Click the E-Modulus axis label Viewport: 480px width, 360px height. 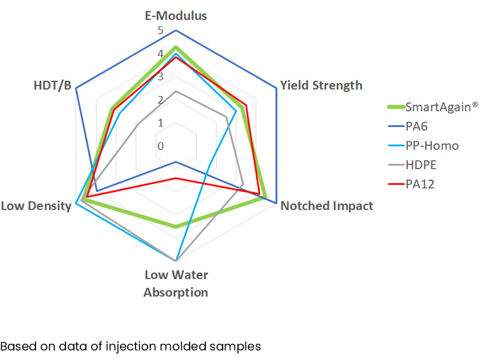click(x=176, y=16)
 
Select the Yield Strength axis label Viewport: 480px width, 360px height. click(x=321, y=85)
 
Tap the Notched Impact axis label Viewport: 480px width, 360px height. click(x=327, y=206)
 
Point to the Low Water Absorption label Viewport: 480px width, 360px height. click(x=176, y=284)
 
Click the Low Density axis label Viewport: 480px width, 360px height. click(x=36, y=206)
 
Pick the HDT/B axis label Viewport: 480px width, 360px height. click(x=53, y=85)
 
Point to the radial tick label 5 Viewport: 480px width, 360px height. click(x=160, y=31)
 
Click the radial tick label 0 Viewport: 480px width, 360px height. click(x=160, y=146)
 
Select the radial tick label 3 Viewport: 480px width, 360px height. click(x=160, y=77)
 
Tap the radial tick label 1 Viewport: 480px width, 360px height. click(x=160, y=123)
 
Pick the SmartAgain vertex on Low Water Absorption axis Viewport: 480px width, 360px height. click(x=176, y=227)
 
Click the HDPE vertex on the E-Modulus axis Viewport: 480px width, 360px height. click(x=176, y=91)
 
